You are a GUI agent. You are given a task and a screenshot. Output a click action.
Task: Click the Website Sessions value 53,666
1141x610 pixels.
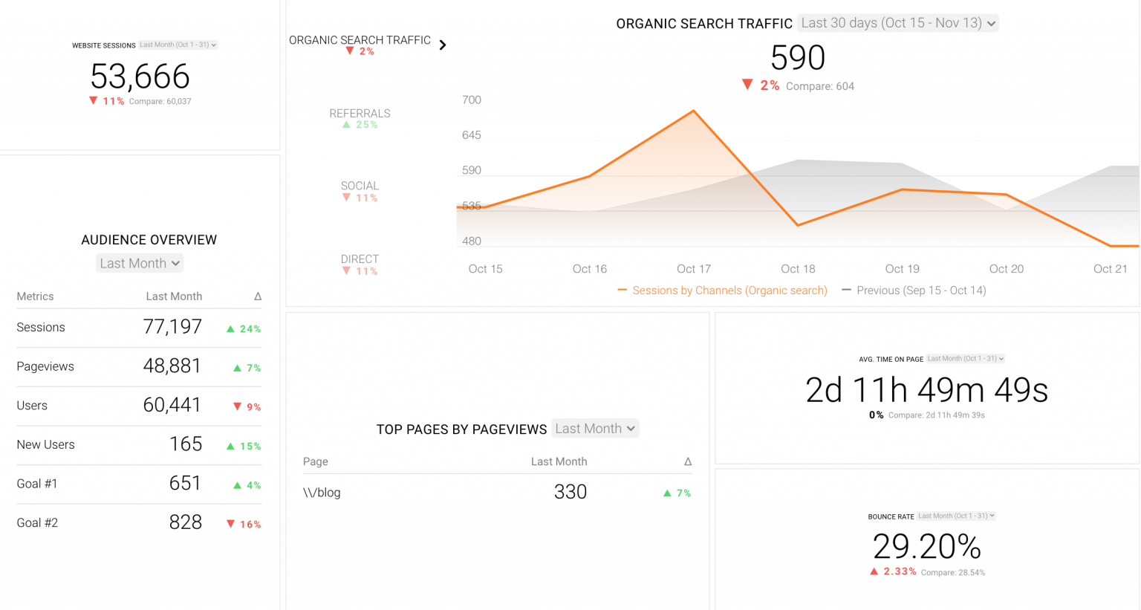tap(140, 77)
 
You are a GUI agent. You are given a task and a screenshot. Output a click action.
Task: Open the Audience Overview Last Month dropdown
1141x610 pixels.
tap(140, 263)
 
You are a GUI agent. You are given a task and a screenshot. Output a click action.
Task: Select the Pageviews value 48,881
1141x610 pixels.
tap(172, 366)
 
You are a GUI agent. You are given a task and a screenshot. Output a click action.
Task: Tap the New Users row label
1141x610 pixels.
tap(45, 444)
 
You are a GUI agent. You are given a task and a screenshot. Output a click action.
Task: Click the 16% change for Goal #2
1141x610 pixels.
tap(244, 524)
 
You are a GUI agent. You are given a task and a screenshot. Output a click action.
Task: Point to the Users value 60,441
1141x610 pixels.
tap(172, 405)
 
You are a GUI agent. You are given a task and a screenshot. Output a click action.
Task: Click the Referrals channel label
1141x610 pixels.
tap(360, 114)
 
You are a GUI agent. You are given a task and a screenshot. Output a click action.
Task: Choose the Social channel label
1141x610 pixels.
tap(360, 186)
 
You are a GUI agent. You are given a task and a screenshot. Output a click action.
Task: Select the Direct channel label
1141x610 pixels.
tap(360, 259)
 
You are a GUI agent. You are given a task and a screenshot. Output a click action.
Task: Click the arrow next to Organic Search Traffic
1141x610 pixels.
tap(443, 45)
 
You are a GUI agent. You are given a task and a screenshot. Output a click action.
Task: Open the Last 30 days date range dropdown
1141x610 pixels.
tap(897, 23)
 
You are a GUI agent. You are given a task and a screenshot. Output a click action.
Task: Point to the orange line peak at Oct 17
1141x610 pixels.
tap(694, 111)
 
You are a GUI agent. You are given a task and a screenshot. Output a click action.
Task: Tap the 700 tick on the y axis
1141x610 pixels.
tap(472, 100)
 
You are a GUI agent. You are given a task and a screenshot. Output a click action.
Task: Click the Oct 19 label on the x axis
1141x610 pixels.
tap(902, 269)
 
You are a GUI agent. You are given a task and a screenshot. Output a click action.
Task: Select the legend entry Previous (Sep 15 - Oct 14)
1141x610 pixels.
tap(914, 291)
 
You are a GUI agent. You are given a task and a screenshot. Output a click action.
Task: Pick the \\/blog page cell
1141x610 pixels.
tap(322, 493)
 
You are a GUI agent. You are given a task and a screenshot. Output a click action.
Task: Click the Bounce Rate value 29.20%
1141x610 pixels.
tap(926, 547)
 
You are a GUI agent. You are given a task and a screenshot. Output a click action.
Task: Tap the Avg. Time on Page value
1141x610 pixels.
tap(926, 390)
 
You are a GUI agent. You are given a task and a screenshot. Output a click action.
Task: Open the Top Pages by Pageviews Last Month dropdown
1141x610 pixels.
tap(595, 429)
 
